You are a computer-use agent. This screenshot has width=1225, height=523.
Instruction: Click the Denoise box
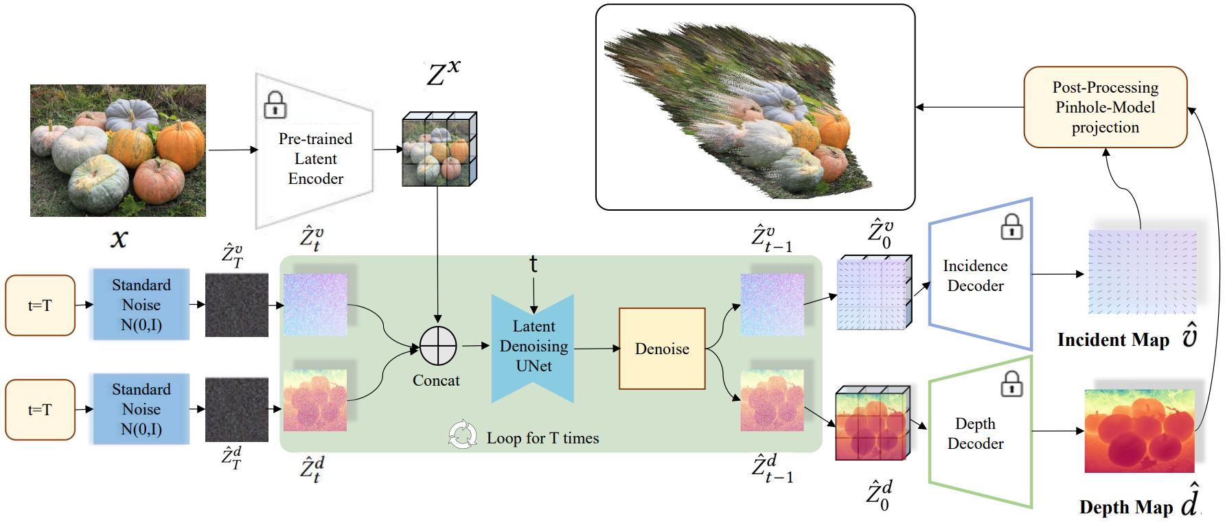662,349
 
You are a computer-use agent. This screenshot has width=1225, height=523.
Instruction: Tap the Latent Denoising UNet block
534,347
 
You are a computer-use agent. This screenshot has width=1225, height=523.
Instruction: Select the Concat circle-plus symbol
438,346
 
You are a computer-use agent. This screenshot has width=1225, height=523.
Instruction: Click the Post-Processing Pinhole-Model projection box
1105,107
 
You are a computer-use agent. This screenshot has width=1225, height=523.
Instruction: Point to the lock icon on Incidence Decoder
1011,226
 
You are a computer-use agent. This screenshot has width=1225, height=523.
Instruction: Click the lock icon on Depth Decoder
1011,384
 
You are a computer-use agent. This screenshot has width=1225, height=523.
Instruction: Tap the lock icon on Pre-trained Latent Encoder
275,105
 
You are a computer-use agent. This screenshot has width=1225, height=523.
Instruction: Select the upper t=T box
40,305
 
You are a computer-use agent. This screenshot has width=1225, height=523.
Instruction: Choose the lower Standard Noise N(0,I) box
141,409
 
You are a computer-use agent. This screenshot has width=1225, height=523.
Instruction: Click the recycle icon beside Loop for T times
462,434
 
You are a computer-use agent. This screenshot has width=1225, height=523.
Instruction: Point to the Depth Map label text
1125,507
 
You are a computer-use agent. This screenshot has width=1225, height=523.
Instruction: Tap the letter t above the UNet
533,264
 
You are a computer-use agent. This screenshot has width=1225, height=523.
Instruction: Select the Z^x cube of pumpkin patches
439,150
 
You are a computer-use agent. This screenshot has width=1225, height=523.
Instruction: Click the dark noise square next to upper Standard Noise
237,305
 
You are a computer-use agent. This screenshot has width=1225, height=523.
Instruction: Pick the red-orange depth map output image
1139,431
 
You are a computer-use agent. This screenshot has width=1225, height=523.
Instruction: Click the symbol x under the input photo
119,239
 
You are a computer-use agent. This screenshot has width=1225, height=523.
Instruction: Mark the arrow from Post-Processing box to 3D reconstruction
968,107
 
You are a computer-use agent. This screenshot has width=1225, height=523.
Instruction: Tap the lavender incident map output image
1142,272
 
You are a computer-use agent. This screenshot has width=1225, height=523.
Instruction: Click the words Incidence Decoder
975,275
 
